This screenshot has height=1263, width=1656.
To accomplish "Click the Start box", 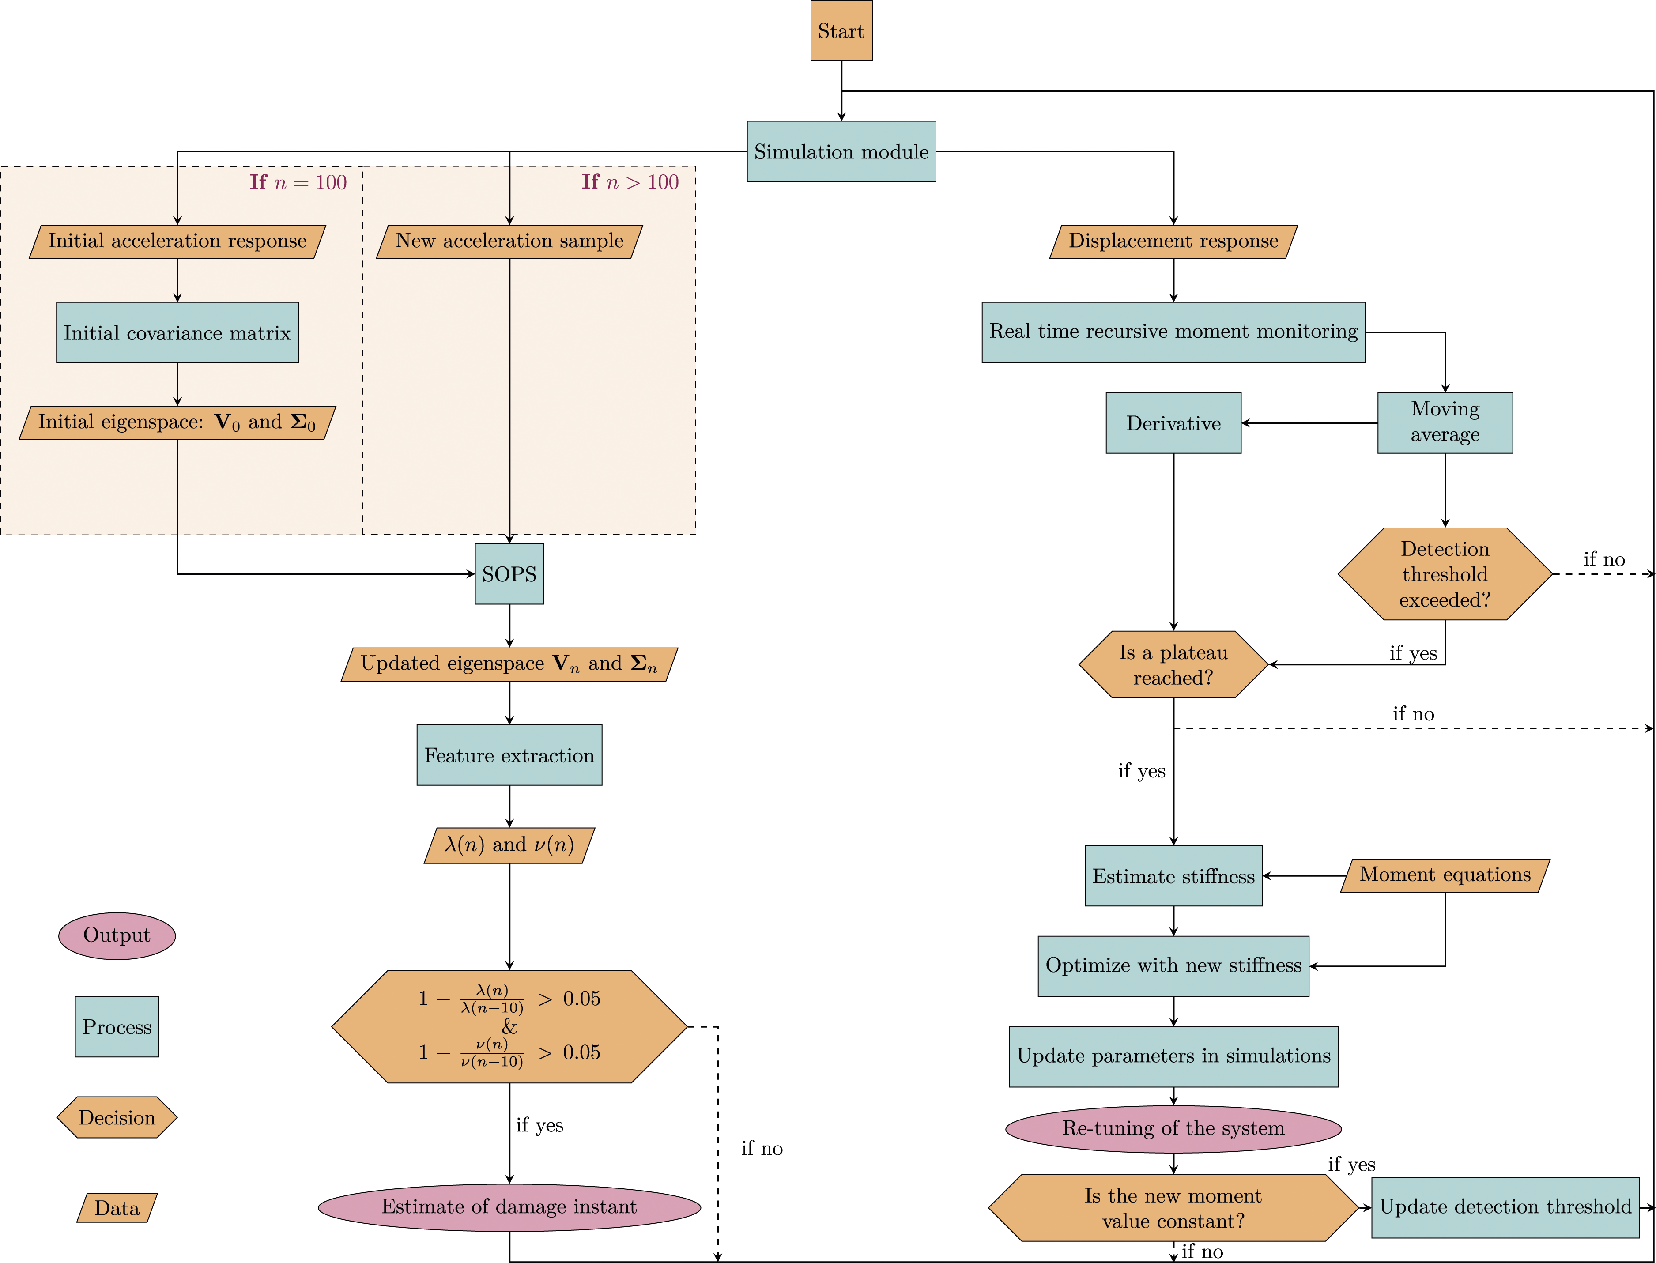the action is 841,31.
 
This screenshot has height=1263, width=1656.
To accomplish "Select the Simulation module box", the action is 841,151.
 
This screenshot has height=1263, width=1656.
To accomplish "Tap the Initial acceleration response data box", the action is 177,241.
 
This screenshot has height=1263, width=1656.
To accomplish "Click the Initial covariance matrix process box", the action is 177,332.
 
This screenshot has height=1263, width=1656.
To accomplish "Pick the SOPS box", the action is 509,573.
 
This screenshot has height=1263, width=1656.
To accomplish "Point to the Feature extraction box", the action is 509,755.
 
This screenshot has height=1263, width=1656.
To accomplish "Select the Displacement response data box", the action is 1173,241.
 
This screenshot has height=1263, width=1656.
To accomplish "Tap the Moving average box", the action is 1445,422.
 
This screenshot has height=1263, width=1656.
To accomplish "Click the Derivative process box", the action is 1173,422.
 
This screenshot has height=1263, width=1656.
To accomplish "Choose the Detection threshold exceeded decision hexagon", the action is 1445,573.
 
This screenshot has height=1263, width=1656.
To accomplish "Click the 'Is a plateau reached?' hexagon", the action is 1173,664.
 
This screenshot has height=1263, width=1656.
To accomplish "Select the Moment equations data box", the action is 1445,875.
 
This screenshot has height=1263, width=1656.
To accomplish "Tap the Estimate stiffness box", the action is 1173,876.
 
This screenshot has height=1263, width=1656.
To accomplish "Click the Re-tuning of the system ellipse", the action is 1173,1128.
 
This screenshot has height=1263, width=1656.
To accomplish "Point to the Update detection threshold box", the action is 1505,1207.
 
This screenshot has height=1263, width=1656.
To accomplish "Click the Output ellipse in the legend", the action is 117,936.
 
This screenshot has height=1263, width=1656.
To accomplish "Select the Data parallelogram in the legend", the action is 117,1208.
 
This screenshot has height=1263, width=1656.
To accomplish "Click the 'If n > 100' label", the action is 630,182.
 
